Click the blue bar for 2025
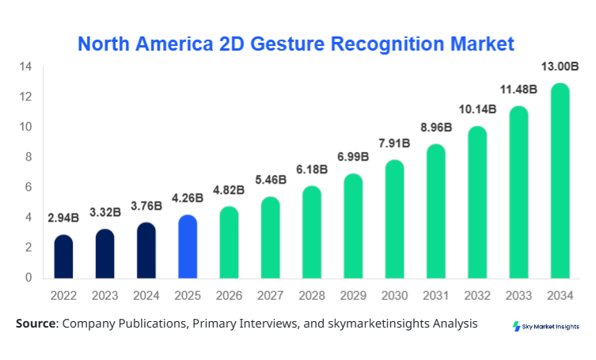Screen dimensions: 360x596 tap(187, 247)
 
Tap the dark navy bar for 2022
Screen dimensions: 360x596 tap(63, 256)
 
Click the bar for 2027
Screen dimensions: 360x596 tap(270, 237)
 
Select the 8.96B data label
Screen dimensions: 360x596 tap(435, 127)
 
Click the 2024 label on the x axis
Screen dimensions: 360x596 tap(146, 297)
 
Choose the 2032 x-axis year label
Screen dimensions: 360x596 tap(476, 297)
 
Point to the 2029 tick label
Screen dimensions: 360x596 tap(352, 297)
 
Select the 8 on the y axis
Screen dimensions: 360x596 tap(28, 157)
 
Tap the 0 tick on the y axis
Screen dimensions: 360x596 tap(28, 278)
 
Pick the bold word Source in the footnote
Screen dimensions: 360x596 tap(36, 324)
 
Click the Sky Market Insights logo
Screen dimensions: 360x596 tap(545, 326)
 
